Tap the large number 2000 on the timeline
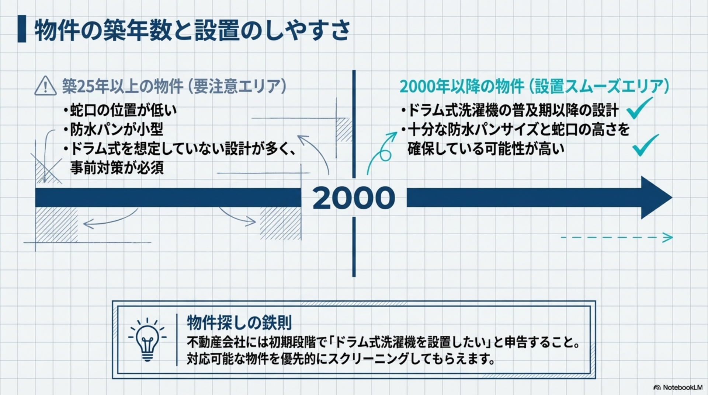pos(354,198)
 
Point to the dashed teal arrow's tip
pos(672,238)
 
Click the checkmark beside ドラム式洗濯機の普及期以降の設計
pos(639,108)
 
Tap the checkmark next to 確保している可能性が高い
pos(645,145)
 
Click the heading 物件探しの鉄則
pos(239,323)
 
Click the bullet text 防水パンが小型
pos(117,129)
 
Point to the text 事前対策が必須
pos(117,168)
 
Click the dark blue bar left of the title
pos(22,29)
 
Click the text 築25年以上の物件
pos(122,87)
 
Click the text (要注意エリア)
pos(236,87)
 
